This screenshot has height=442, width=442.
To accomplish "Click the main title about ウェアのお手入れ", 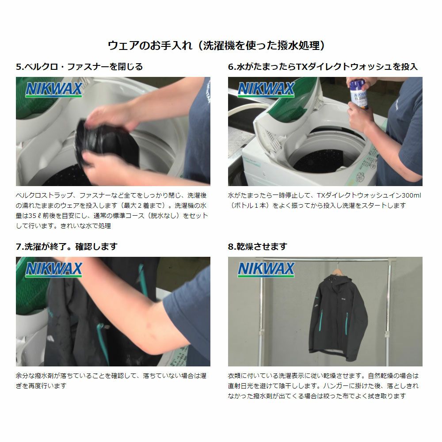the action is (216, 45).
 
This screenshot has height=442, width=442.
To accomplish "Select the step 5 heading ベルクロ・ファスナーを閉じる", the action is (79, 67).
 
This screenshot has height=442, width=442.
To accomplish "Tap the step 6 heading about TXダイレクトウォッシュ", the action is (323, 67).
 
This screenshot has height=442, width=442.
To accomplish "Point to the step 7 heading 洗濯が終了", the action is (67, 247).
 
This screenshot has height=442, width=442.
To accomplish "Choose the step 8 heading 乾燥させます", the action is (257, 247).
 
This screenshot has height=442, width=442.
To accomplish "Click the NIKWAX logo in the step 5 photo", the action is (54, 89).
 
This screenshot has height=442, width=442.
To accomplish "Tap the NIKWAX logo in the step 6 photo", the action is (266, 89).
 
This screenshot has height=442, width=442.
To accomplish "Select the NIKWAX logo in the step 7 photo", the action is (54, 270).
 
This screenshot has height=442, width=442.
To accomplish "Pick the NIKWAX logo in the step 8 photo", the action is (266, 270).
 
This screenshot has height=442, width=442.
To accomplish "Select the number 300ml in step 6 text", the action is (411, 195).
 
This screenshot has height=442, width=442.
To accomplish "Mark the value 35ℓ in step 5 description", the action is (35, 216).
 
